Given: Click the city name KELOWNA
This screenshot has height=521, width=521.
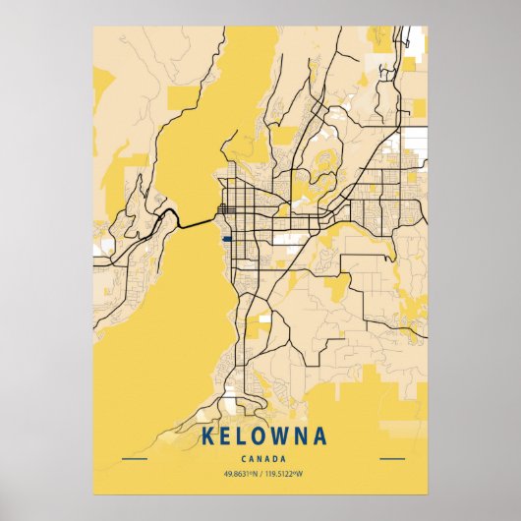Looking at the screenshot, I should coord(260,435).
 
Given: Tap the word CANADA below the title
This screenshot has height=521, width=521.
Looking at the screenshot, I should coord(260,458).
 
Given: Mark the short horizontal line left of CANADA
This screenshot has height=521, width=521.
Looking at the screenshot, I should coord(134,458).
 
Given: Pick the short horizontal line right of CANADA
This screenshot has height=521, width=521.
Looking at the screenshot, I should coord(391,458).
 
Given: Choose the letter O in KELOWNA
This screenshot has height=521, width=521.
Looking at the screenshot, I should coord(260,435).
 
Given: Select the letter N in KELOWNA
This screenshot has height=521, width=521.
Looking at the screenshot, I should coord(302,435).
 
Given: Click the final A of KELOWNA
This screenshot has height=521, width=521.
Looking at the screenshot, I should coord(320,435).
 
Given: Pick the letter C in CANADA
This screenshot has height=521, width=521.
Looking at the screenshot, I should coord(242,458).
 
